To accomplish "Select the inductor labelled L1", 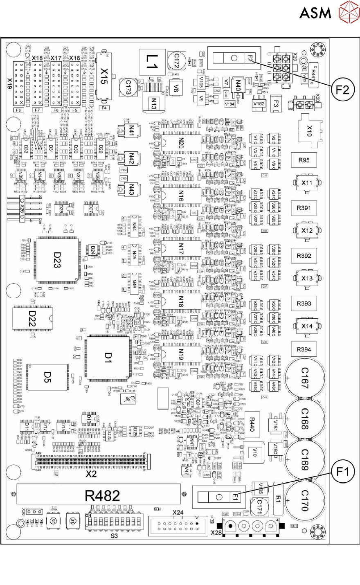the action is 149,60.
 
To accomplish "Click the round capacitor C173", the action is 128,88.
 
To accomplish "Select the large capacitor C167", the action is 304,377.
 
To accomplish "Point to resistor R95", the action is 304,160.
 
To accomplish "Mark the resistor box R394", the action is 304,349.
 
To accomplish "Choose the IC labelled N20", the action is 181,144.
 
